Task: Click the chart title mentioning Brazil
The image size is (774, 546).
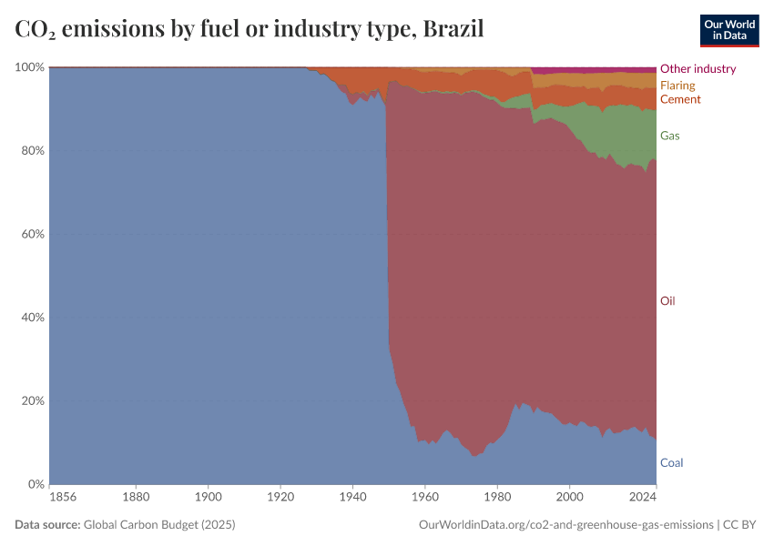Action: pyautogui.click(x=250, y=29)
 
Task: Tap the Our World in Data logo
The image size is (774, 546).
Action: pyautogui.click(x=728, y=30)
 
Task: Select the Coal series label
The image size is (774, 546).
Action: pyautogui.click(x=671, y=463)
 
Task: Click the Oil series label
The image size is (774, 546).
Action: pyautogui.click(x=667, y=301)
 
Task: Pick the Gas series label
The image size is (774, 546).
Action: pyautogui.click(x=669, y=136)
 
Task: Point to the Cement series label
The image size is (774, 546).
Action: pyautogui.click(x=680, y=99)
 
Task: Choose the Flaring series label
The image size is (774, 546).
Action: pyautogui.click(x=677, y=86)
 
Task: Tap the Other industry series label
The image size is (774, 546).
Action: pyautogui.click(x=698, y=68)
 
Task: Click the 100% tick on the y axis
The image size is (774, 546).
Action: pyautogui.click(x=30, y=67)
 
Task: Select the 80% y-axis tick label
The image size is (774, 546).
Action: pyautogui.click(x=33, y=151)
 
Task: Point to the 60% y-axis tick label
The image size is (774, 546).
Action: pyautogui.click(x=33, y=234)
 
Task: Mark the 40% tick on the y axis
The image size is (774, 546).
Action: pyautogui.click(x=33, y=318)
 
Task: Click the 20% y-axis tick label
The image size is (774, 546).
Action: pyautogui.click(x=33, y=401)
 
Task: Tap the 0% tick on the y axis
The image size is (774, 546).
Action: pyautogui.click(x=36, y=484)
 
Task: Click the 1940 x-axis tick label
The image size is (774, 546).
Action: pyautogui.click(x=351, y=498)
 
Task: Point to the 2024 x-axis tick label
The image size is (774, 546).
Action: pyautogui.click(x=642, y=498)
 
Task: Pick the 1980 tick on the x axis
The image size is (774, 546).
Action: pyautogui.click(x=496, y=498)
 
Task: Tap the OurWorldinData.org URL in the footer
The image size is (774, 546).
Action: pyautogui.click(x=565, y=525)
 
